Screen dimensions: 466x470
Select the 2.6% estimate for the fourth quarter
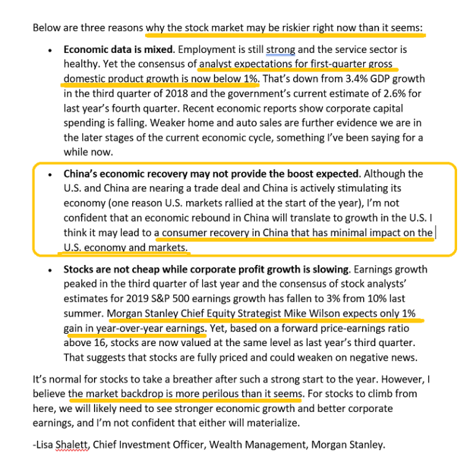coord(407,92)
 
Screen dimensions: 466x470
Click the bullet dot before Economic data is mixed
coord(49,49)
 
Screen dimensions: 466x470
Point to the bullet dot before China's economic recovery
coord(49,175)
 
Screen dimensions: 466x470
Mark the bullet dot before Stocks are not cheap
coord(49,270)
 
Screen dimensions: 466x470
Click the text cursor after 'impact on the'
coord(436,232)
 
